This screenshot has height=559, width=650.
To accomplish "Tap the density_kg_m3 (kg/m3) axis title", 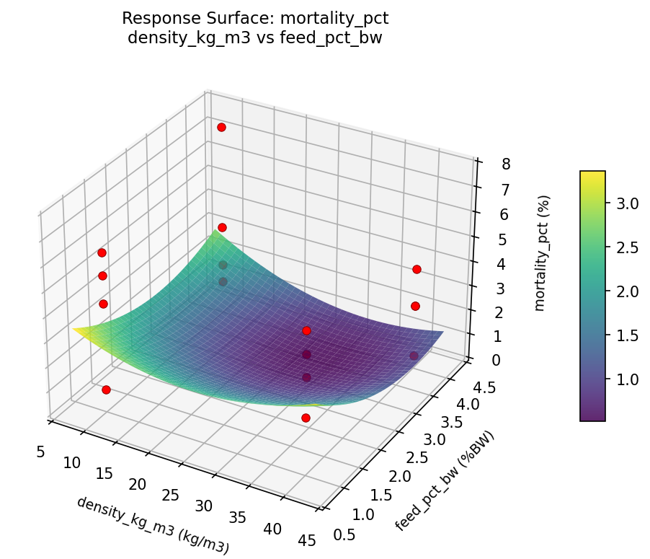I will click(153, 525).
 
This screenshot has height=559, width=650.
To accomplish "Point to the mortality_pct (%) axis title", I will click(540, 252).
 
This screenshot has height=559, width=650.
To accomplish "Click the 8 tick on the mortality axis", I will click(486, 164).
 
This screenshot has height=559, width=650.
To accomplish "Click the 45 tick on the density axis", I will click(306, 542).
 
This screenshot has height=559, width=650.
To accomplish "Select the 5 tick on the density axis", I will click(40, 452).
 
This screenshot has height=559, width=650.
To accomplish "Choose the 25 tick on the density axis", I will click(171, 496).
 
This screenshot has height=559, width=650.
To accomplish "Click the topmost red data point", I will click(221, 127).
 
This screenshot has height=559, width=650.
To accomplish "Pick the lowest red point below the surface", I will click(306, 418).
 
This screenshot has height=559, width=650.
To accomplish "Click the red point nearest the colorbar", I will click(417, 269).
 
